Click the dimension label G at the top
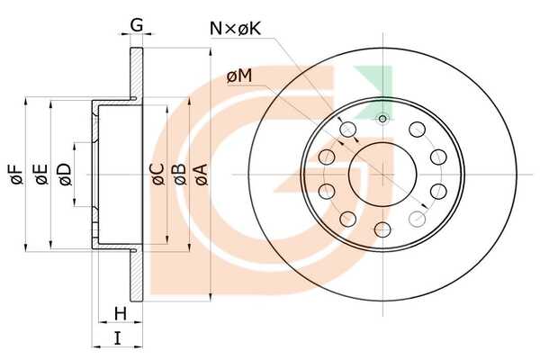click(x=137, y=25)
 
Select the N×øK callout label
click(x=235, y=29)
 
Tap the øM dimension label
click(x=239, y=76)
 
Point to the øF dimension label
click(x=16, y=175)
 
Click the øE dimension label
click(x=40, y=175)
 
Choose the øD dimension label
click(x=65, y=175)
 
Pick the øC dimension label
click(x=158, y=175)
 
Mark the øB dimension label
click(x=179, y=175)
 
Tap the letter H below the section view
click(x=121, y=314)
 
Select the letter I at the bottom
click(x=118, y=338)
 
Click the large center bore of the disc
click(x=382, y=174)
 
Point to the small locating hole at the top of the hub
click(x=382, y=119)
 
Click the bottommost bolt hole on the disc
click(x=382, y=229)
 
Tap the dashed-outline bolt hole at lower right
click(x=418, y=219)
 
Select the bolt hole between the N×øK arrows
click(x=347, y=130)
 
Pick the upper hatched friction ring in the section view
click(x=137, y=73)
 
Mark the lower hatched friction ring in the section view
click(x=137, y=274)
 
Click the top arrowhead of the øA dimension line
click(x=210, y=51)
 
